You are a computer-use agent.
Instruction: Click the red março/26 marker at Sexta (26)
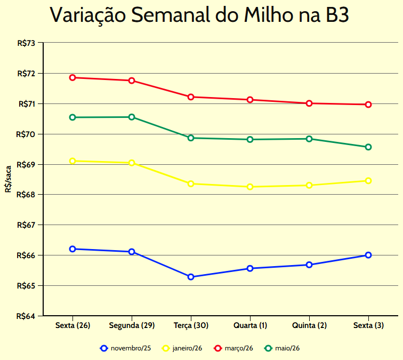(72, 77)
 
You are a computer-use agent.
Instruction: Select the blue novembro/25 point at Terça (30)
(191, 277)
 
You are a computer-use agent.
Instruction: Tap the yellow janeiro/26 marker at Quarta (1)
(250, 187)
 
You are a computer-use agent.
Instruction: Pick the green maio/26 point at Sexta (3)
(368, 147)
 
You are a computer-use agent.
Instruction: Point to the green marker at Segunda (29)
(132, 117)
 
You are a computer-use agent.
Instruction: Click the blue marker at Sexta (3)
(368, 255)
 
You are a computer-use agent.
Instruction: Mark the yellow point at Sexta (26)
(72, 161)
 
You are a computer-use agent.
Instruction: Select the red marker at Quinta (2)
(309, 103)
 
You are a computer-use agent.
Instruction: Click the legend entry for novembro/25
(125, 348)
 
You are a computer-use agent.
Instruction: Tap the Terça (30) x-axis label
(191, 325)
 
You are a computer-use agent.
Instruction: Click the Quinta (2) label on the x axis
(309, 325)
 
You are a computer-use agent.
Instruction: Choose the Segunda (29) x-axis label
(132, 325)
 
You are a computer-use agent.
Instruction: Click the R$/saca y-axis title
(8, 179)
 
